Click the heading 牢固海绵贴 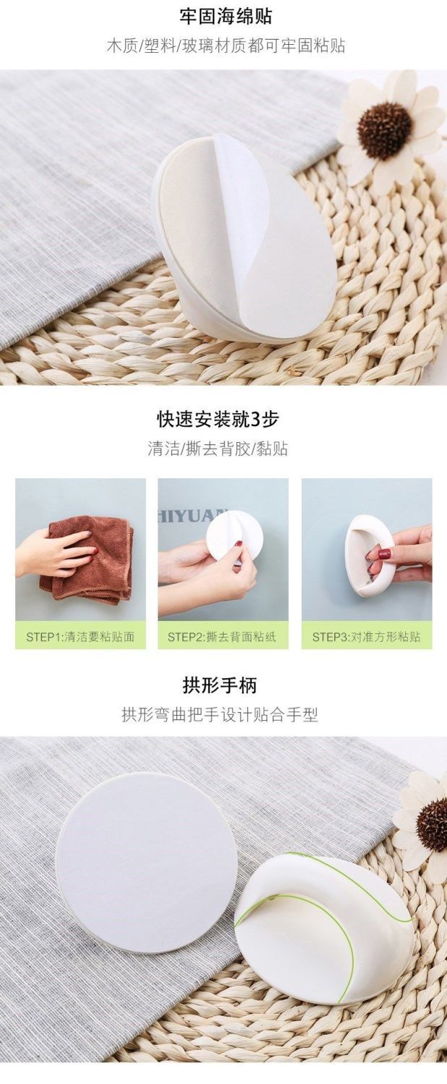(226, 16)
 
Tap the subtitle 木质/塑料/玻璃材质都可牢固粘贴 (226, 46)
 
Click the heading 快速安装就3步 (218, 419)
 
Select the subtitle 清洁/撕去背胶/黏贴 (218, 449)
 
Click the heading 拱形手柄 (219, 685)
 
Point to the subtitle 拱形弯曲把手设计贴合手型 (220, 715)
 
